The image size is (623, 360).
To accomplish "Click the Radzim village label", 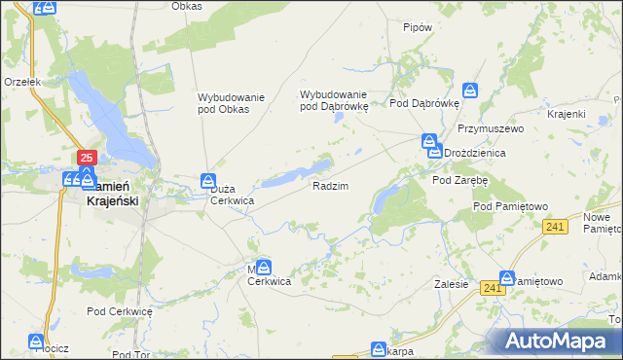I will coord(330,185).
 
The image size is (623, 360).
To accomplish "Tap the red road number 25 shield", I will coord(87,158).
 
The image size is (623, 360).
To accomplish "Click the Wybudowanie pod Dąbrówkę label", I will coord(334,100).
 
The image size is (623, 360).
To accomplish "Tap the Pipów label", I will coord(417,27).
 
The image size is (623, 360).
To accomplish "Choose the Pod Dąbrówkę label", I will coord(423,102).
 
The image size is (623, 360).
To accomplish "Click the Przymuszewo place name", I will coord(491,128).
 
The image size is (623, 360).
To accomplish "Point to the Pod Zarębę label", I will coord(459,180).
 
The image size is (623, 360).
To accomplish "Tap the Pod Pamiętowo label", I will coord(511,206).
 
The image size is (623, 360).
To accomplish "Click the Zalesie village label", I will coord(453,284).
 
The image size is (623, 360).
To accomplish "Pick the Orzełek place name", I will coord(21,83).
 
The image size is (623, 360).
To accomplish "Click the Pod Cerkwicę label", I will coord(120,311).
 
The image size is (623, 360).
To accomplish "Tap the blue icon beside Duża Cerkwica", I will coord(207,180).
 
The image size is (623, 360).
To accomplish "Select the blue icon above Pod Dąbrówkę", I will coord(470,90).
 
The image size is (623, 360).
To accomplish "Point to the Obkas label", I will coord(186,6).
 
